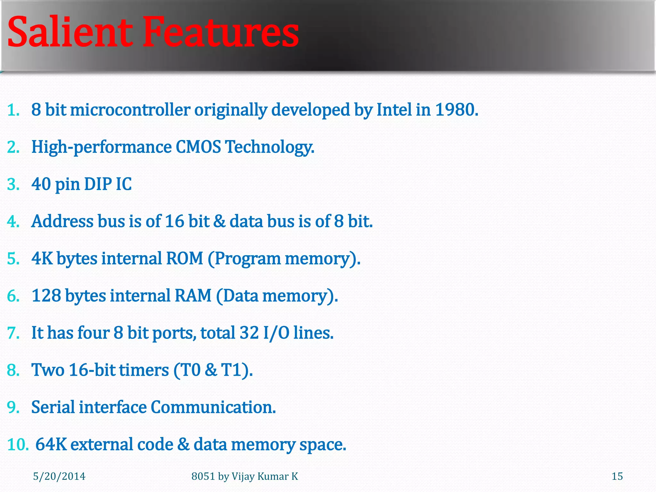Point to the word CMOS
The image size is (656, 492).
coord(198,147)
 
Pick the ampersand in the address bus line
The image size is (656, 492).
coord(219,221)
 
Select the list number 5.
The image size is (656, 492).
coord(13,258)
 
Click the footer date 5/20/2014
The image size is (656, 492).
coord(59,476)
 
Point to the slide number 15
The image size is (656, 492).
coord(617,476)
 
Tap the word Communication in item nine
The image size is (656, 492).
coord(213,407)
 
